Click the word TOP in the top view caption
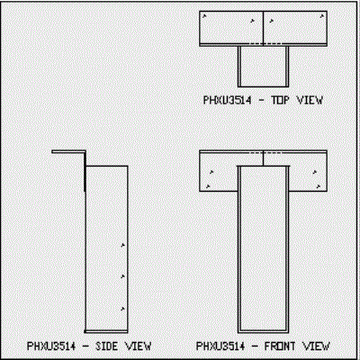click(281, 100)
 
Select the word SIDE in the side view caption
click(106, 346)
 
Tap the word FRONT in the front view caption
click(275, 346)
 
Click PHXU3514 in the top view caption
click(227, 100)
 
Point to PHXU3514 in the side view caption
click(51, 346)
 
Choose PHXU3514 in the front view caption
click(220, 346)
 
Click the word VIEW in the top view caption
click(310, 100)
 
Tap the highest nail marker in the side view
click(122, 246)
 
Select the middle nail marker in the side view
click(122, 276)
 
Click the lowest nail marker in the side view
click(122, 309)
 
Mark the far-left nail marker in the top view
click(204, 16)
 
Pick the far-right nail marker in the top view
click(322, 16)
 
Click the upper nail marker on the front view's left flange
click(211, 172)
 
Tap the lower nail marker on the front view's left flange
click(208, 186)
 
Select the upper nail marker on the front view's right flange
click(315, 172)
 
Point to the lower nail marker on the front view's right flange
click(319, 186)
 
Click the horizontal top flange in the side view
click(68, 152)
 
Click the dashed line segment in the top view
click(265, 44)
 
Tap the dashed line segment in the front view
click(265, 153)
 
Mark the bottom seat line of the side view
click(106, 331)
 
